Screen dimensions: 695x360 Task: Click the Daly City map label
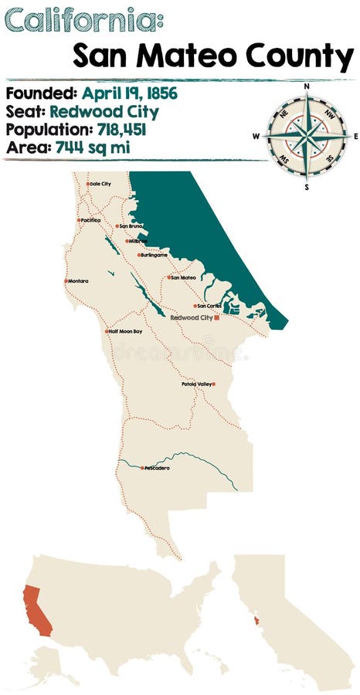point(100,184)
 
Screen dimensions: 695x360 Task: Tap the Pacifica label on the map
point(90,220)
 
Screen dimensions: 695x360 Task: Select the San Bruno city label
point(131,226)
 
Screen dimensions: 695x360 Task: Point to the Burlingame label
point(154,255)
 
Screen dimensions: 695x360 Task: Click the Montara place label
point(78,281)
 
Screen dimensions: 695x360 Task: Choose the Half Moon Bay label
point(125,331)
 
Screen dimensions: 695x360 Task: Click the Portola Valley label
point(196,384)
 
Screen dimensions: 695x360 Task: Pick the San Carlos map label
point(209,306)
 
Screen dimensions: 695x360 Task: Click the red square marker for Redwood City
point(218,317)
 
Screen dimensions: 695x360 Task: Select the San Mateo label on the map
point(183,277)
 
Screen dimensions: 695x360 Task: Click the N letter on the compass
point(307,86)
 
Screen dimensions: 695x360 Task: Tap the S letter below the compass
point(307,186)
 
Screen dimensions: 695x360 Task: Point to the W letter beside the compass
point(256,137)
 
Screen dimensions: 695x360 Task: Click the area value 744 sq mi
point(93,147)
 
